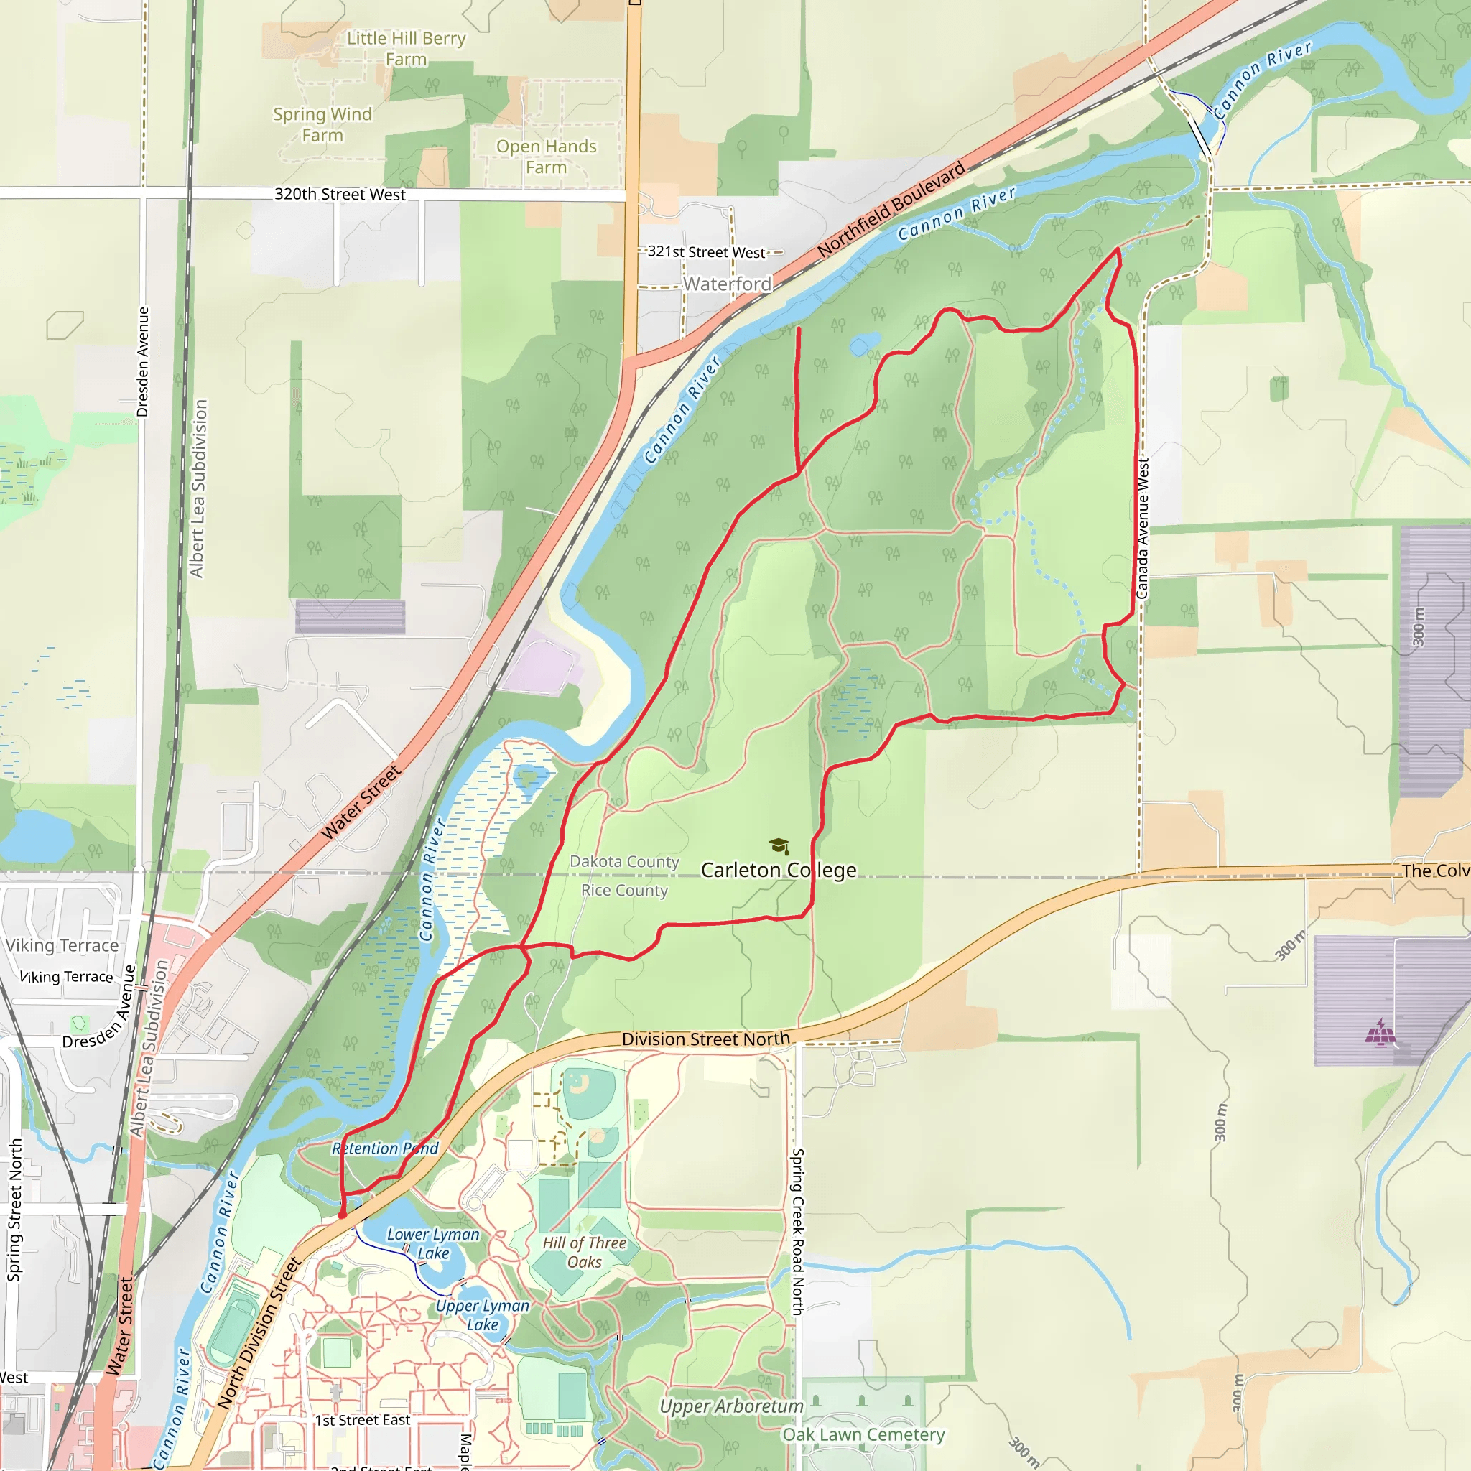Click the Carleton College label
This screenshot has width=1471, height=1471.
[778, 870]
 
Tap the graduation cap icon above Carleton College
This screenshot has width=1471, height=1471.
[778, 846]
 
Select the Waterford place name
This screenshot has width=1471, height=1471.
[727, 284]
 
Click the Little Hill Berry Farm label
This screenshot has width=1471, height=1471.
[406, 49]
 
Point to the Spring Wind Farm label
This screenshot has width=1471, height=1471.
[322, 124]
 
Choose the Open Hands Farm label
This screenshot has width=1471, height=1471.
[546, 156]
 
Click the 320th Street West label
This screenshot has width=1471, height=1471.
[340, 194]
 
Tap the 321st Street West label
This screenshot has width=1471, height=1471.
[706, 252]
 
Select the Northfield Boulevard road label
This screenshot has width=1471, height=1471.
[891, 208]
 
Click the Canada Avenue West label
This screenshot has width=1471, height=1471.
[1142, 529]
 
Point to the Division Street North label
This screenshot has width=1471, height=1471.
[706, 1039]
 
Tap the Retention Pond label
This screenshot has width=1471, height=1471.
[385, 1149]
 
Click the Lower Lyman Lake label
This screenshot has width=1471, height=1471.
[433, 1243]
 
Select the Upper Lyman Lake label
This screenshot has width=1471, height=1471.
[483, 1315]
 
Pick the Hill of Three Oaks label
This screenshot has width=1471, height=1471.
[584, 1253]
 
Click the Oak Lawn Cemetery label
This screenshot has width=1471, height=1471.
[863, 1434]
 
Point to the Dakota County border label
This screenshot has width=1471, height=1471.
[624, 861]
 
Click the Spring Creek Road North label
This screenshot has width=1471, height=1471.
[797, 1232]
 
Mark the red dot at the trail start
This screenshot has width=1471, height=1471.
[343, 1215]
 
